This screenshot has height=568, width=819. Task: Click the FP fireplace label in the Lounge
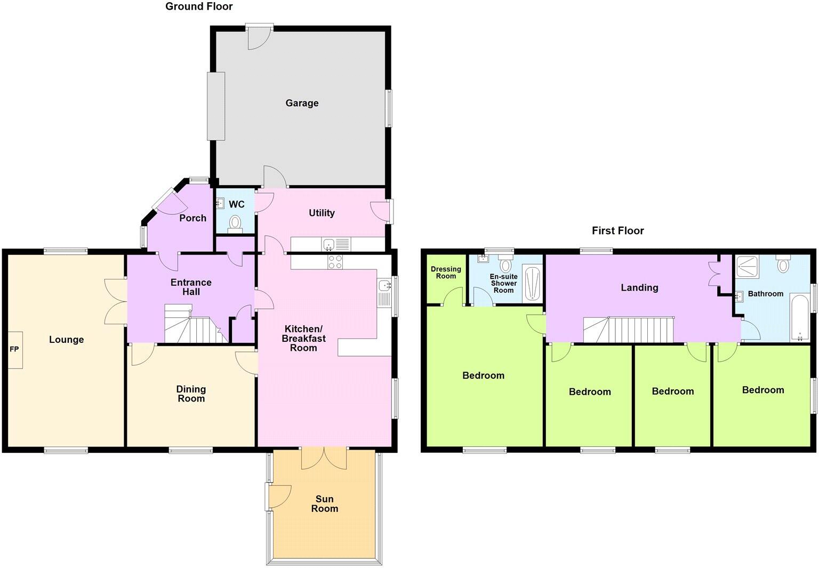(14, 349)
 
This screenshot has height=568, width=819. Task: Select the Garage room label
(302, 103)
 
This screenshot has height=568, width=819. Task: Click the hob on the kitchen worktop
(335, 262)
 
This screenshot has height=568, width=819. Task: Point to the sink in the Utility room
(330, 245)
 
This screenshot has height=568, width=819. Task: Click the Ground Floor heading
(199, 6)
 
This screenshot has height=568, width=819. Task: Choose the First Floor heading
(617, 230)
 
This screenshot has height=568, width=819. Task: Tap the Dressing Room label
(446, 273)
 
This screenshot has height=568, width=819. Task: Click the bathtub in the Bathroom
(800, 317)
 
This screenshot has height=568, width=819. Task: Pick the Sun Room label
(324, 503)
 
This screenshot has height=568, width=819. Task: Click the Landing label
(639, 287)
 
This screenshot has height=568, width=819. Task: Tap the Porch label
(192, 218)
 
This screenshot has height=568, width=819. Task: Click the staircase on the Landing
(629, 330)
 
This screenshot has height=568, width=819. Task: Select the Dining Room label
(191, 394)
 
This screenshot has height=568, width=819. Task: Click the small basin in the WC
(220, 203)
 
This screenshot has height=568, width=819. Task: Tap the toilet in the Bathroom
(783, 265)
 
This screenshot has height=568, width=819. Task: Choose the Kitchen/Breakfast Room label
(303, 338)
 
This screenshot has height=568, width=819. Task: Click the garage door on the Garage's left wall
(216, 106)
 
